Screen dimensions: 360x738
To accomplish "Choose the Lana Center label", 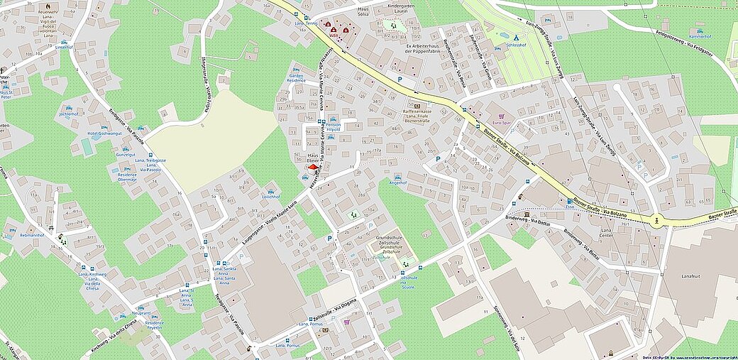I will point(606,234).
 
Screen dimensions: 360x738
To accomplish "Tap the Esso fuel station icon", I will point(569,201).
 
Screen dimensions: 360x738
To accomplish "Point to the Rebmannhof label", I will point(33,234).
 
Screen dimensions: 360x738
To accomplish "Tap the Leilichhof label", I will point(270,196).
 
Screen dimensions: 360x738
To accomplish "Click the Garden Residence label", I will point(296,77).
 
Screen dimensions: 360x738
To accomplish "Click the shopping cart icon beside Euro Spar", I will point(502,115).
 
